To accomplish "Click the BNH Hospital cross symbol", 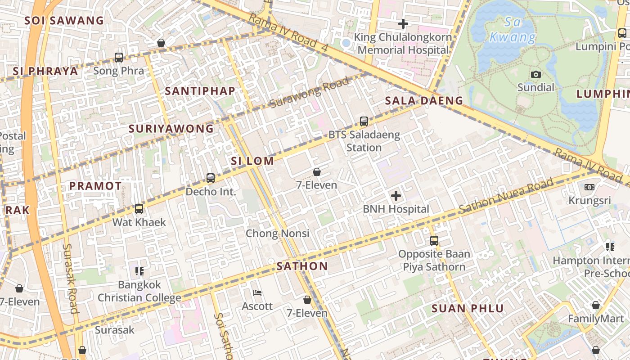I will tap(396, 196).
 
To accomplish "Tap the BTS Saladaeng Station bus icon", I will tap(364, 121).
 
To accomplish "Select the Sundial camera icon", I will tap(535, 74).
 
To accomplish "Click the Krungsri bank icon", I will tap(589, 187).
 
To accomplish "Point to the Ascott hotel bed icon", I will tap(257, 293).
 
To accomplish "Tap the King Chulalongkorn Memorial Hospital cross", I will tap(403, 23).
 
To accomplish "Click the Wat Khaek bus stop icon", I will tap(139, 209).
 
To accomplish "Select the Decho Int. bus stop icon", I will tap(211, 178).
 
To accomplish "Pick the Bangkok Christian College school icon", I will tap(139, 271).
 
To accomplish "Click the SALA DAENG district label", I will tap(424, 101).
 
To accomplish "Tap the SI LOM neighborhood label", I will tap(252, 161).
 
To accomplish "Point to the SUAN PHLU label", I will tap(468, 309).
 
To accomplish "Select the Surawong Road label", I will tap(310, 93).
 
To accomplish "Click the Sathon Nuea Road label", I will tap(506, 196).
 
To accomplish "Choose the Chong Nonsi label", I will tap(277, 233).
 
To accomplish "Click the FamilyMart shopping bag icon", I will tap(596, 306).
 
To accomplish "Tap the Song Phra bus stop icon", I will tap(119, 57).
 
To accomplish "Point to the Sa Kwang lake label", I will tap(513, 30).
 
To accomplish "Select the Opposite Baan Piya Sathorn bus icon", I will tap(434, 240).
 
